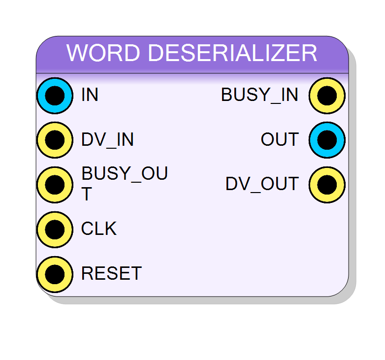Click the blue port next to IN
pos(55,96)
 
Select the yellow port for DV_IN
pos(55,140)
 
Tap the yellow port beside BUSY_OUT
pos(55,185)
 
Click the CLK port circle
pos(55,229)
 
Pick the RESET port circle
pos(55,274)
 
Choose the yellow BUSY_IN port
pos(327,96)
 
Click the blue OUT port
pos(327,140)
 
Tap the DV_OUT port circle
pos(327,185)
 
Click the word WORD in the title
pos(103,53)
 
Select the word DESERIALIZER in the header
pos(232,53)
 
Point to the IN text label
pos(90,95)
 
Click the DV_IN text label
pos(107,140)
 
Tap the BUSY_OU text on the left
pos(125,173)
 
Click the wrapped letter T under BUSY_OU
pos(87,194)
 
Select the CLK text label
pos(99,229)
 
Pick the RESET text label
pos(111,273)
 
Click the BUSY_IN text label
pos(259,95)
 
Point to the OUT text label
pos(280,139)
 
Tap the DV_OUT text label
pos(262,184)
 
